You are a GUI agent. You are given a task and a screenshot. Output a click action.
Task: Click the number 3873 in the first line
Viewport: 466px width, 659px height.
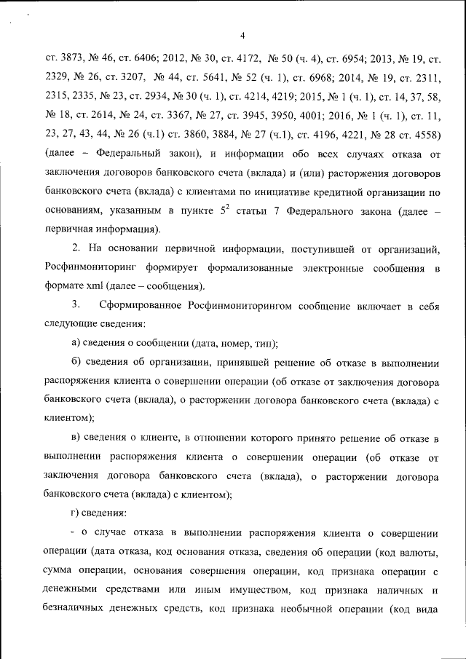coord(70,57)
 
